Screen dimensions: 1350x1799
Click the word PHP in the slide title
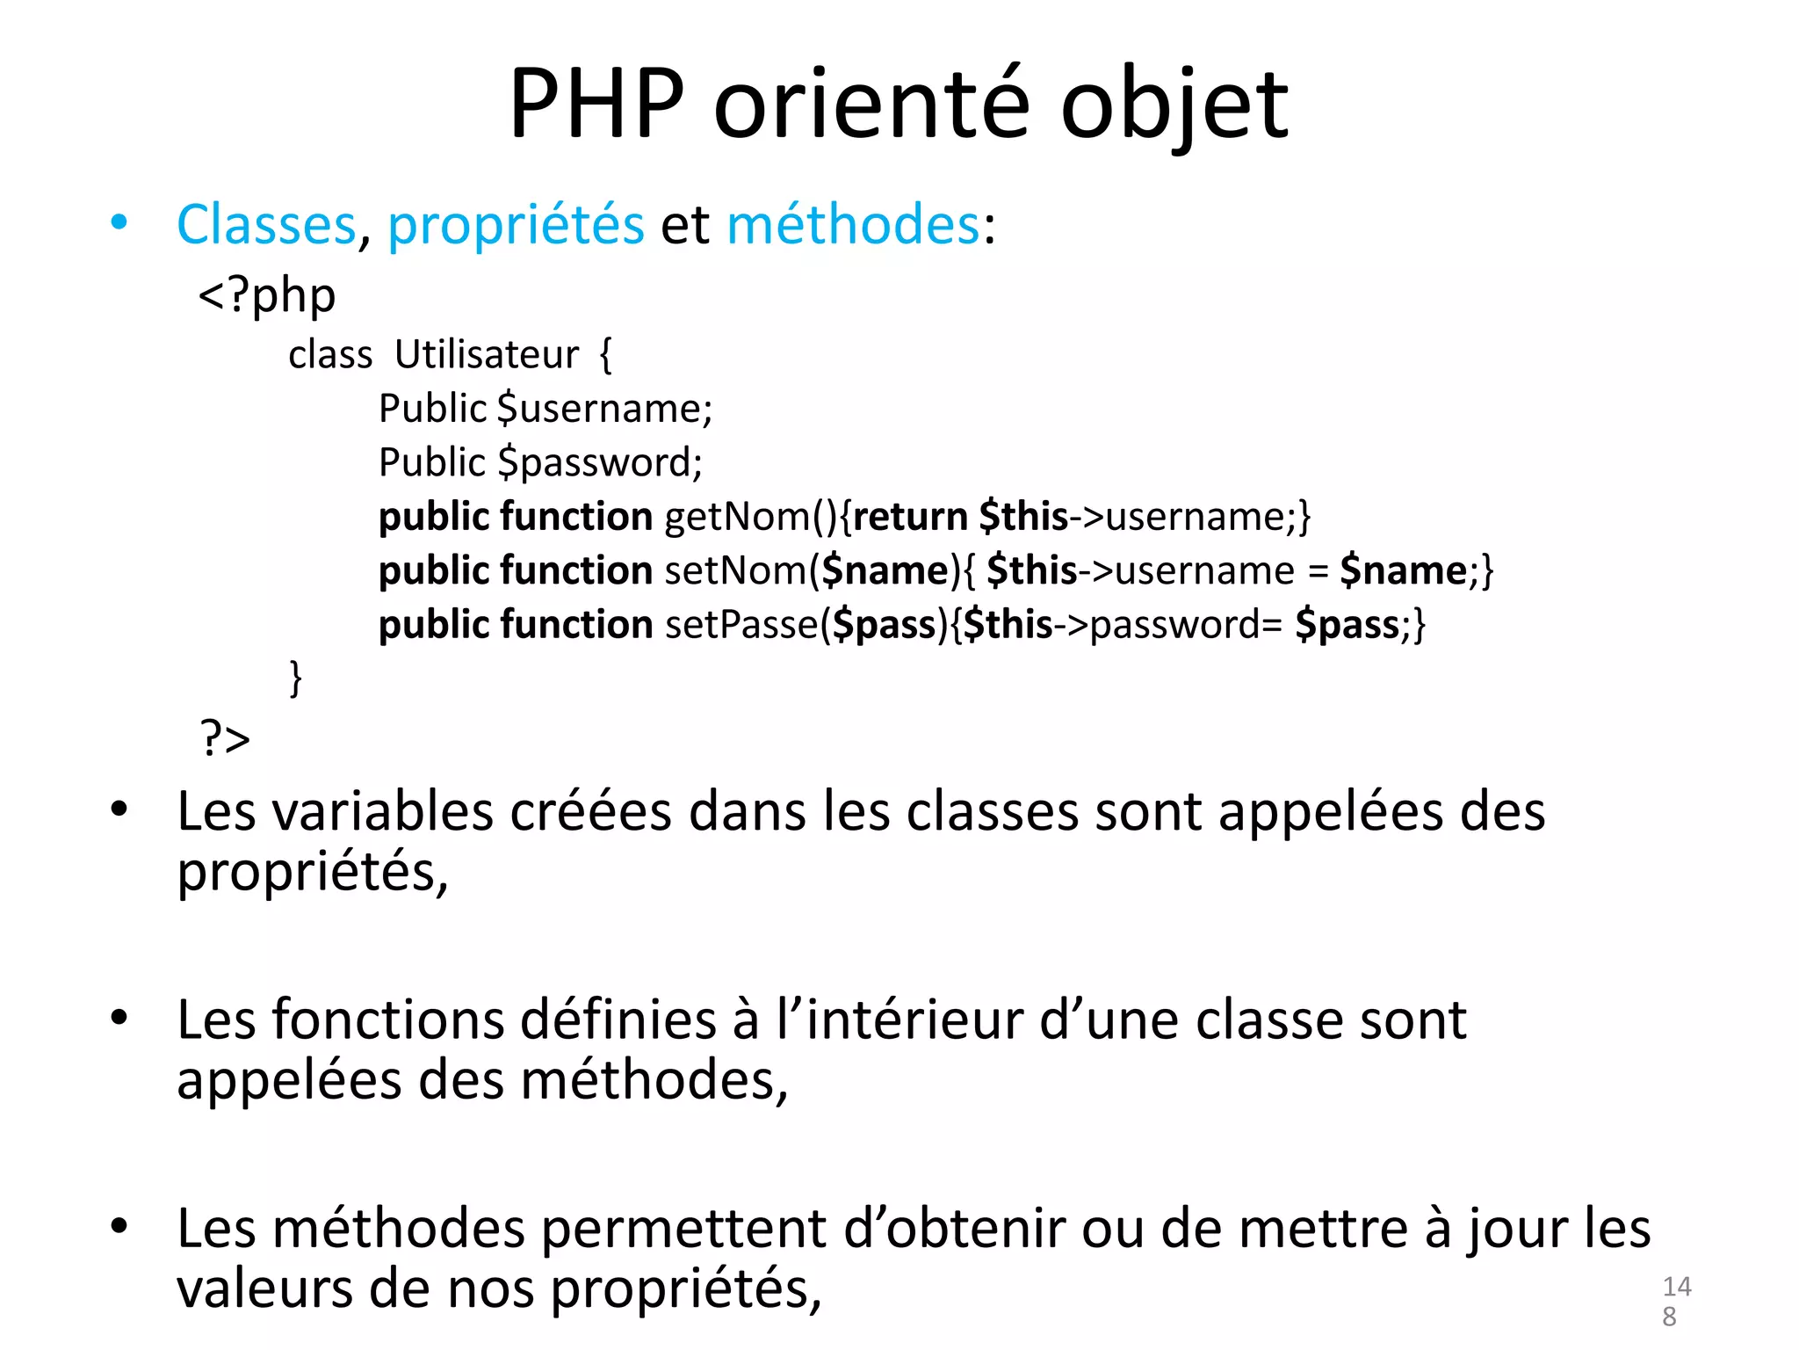[x=596, y=105]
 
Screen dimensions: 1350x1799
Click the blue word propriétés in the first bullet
[x=516, y=226]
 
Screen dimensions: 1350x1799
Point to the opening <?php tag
[x=267, y=296]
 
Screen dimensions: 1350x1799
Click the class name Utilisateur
[x=487, y=355]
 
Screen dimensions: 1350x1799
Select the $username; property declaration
[x=604, y=409]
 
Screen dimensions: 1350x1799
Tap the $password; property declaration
[x=600, y=463]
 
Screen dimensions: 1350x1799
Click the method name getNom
[x=736, y=517]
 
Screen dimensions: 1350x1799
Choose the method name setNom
[x=735, y=571]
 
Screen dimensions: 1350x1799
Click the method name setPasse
[x=741, y=625]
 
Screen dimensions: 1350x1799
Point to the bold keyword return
[x=910, y=517]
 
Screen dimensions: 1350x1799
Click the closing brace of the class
[x=296, y=679]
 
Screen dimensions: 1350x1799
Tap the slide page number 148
[x=1675, y=1301]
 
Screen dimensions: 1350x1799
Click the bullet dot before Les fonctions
[x=119, y=1018]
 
